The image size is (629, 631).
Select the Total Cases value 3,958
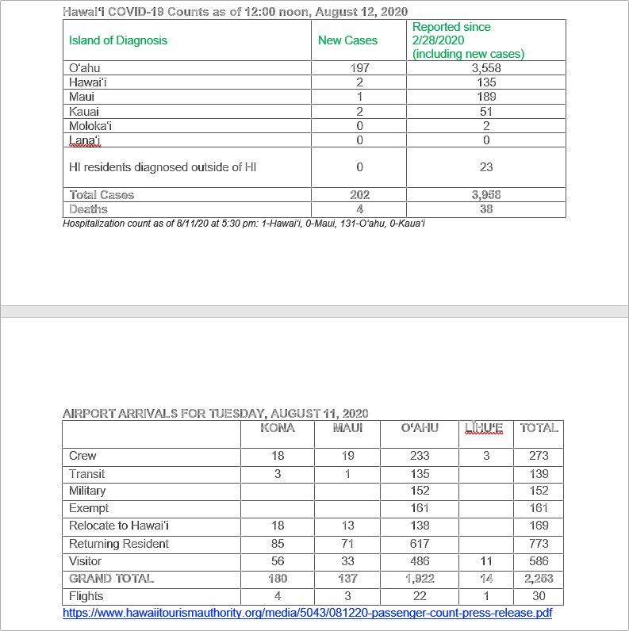tap(485, 195)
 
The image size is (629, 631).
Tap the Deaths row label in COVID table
tap(88, 209)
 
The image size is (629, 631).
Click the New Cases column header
tap(347, 40)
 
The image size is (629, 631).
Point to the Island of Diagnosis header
tap(118, 40)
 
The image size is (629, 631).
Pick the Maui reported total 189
tap(485, 97)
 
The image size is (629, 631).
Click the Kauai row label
tap(84, 111)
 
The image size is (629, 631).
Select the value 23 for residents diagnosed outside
tap(485, 167)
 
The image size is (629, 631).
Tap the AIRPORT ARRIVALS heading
tap(215, 414)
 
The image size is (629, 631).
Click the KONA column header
tap(277, 428)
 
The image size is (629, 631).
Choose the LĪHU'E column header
tap(484, 428)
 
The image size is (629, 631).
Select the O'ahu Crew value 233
tap(420, 456)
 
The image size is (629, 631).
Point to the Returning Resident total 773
tap(539, 544)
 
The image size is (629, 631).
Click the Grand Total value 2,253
tap(539, 579)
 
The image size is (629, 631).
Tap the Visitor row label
tap(86, 561)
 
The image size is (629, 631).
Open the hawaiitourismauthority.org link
tap(308, 614)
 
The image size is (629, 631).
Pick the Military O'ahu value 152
tap(420, 491)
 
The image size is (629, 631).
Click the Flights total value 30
tap(539, 596)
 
